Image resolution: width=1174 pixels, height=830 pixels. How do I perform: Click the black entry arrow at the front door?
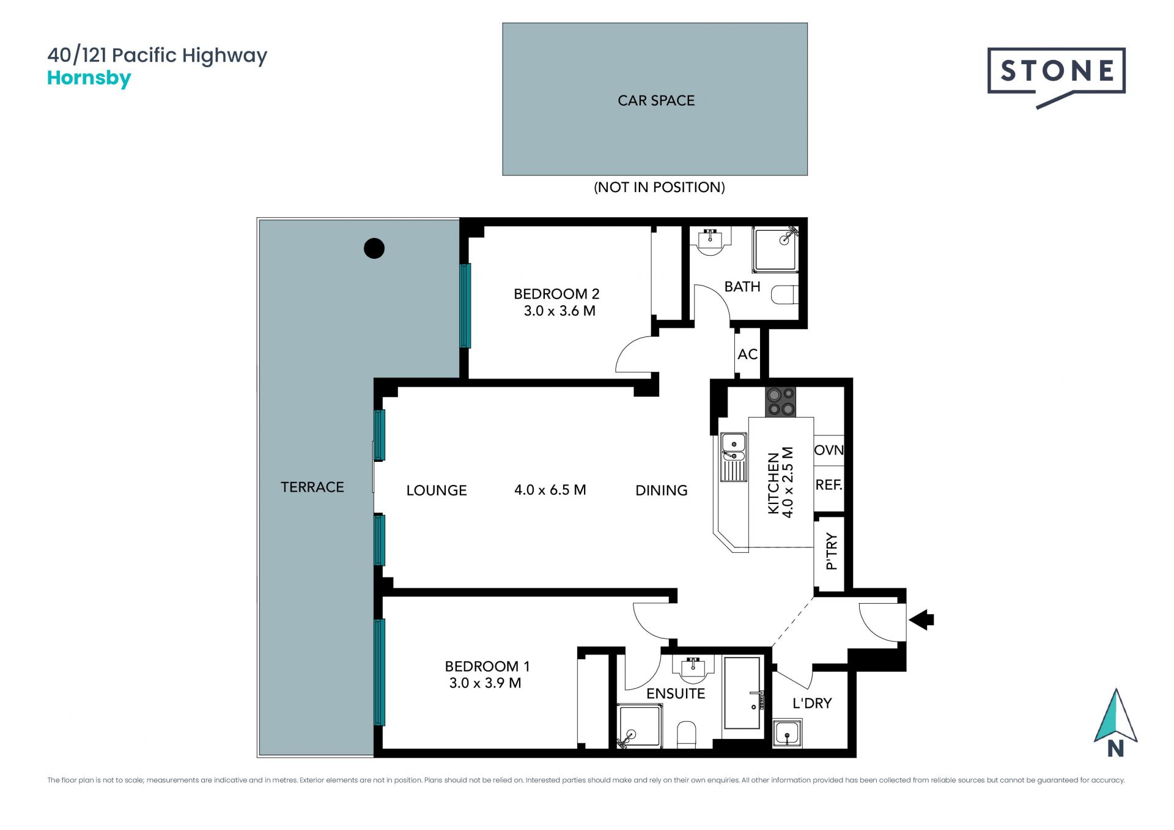[921, 620]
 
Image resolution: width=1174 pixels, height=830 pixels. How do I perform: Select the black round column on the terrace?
[374, 248]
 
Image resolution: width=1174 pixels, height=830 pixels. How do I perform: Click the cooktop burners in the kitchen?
[780, 402]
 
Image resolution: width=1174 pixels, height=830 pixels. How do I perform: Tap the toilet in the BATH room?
[785, 295]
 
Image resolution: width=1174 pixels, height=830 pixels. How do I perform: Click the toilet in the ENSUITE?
[687, 735]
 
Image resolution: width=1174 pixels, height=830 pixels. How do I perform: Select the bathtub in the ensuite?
[742, 693]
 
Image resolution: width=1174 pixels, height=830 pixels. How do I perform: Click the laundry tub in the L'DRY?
[787, 733]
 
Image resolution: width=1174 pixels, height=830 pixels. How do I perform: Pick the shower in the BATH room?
[775, 249]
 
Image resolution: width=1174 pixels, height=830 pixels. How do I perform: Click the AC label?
[747, 354]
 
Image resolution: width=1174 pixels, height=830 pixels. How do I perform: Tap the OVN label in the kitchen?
[829, 450]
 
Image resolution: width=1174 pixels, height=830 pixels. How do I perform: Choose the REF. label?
[829, 485]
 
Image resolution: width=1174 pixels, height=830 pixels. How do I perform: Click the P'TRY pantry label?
[831, 551]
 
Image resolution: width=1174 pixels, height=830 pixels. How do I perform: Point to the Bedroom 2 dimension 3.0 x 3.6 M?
[559, 311]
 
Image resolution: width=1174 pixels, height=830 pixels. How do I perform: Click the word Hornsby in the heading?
[89, 78]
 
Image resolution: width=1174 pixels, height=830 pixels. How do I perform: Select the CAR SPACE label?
[656, 100]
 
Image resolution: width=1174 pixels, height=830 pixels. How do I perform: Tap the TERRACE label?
[312, 487]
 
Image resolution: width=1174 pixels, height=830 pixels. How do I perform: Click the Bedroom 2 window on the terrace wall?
[465, 305]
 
